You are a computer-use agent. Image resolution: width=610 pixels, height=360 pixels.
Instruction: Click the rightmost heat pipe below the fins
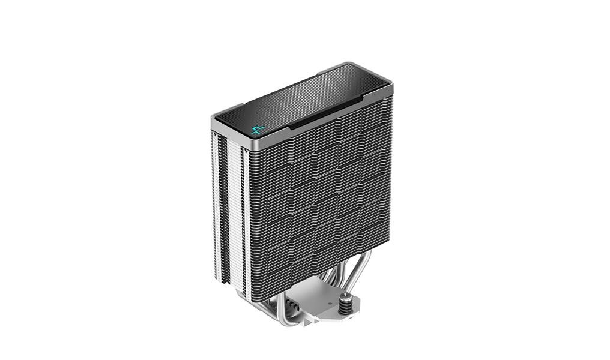click(x=364, y=264)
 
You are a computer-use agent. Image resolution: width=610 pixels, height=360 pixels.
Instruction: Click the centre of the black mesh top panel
click(x=303, y=99)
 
